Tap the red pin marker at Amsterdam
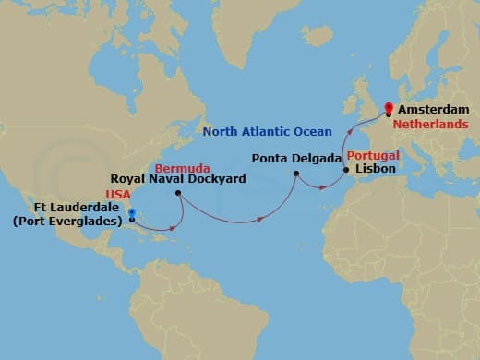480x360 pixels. [x=388, y=107]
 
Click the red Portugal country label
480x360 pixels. [x=372, y=156]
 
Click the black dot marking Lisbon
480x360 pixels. [x=345, y=171]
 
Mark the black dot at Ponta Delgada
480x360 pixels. [x=295, y=174]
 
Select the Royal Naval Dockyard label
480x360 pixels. [x=178, y=179]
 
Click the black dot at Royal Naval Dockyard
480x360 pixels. [x=177, y=193]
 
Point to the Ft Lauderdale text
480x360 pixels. [x=81, y=209]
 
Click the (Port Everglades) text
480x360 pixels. [x=68, y=222]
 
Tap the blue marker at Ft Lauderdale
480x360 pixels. [x=132, y=214]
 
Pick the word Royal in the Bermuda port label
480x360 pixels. [x=128, y=179]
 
